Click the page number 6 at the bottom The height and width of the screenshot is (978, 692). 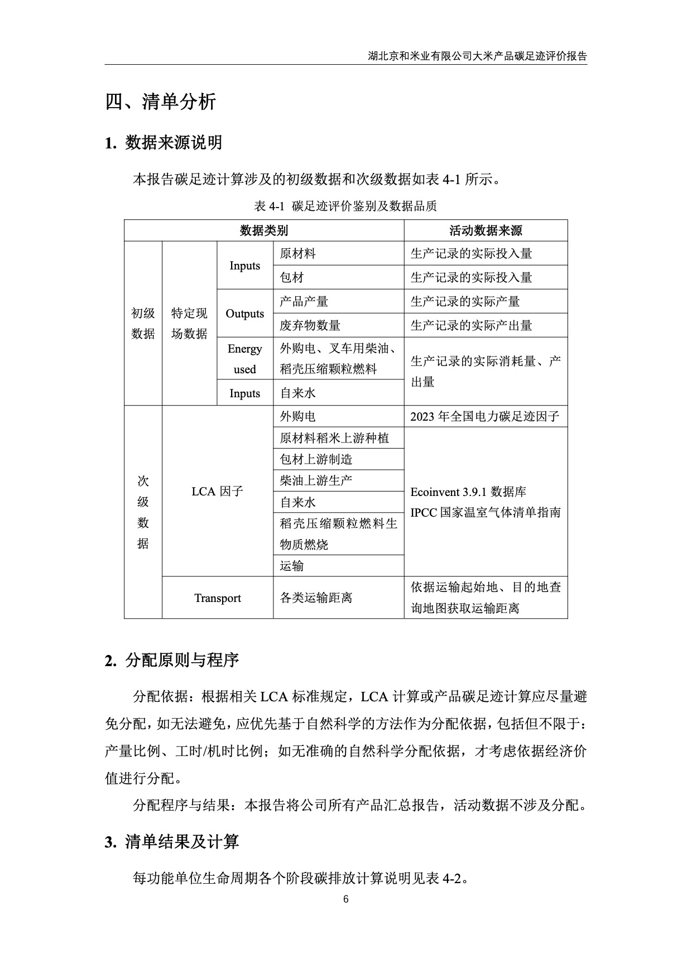(x=346, y=899)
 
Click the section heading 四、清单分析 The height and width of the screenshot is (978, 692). (x=161, y=102)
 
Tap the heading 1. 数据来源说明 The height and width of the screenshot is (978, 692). (x=164, y=143)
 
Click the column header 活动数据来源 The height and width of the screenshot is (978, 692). (x=486, y=230)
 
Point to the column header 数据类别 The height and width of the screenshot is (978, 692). (x=263, y=230)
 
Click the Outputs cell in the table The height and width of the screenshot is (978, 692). (x=244, y=314)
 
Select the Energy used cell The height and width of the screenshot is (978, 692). (x=244, y=359)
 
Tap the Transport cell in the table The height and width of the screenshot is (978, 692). (x=217, y=598)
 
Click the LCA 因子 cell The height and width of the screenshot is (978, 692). (x=217, y=492)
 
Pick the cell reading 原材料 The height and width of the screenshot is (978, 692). (x=297, y=254)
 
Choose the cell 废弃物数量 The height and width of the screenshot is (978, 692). (x=310, y=325)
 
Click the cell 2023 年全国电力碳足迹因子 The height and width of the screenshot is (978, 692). (x=484, y=417)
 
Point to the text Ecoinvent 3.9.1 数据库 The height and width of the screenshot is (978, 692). (x=468, y=492)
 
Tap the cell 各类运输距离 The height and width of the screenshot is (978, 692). (x=316, y=598)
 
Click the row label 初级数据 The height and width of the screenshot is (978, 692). (x=143, y=323)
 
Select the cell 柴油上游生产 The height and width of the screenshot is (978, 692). (x=316, y=480)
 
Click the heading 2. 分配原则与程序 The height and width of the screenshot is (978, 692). (x=172, y=660)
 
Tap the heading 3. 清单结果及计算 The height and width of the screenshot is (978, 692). (x=172, y=841)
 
